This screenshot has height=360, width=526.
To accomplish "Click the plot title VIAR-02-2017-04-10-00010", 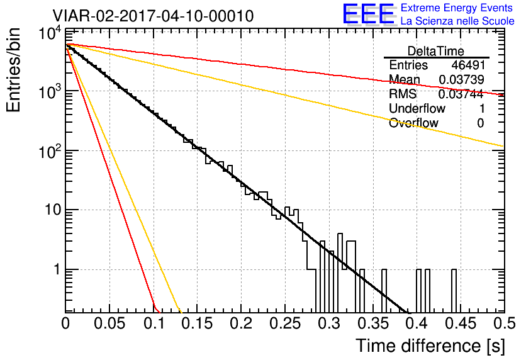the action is pos(153,16).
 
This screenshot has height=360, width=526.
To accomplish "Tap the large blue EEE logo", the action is pos(369,14).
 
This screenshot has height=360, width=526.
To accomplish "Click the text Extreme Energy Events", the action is pos(457,8).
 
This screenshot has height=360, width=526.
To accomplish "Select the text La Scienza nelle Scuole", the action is pos(457,21).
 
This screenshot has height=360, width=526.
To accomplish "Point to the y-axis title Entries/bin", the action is pos(14,70).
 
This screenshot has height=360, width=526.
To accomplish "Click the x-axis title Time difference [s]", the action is pos(430,346).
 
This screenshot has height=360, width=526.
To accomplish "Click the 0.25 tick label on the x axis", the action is pos(285,323).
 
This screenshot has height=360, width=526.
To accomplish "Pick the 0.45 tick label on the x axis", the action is pos(461,323).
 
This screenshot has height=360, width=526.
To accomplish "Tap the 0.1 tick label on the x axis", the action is pos(154,323).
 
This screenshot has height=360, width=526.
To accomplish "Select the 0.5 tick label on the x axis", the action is pos(505,323).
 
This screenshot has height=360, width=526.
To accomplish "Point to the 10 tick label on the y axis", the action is pos(53,210).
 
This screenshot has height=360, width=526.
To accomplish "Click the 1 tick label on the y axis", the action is pos(57,269).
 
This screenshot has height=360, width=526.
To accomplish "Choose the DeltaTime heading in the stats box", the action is pos(436,51).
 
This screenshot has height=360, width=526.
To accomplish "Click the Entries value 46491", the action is pos(468,65).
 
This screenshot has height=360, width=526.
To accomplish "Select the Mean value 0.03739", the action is pos(461,79).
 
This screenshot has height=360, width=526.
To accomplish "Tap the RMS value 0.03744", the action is pos(461,94).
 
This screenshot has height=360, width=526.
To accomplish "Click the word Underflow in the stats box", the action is pos(417,108).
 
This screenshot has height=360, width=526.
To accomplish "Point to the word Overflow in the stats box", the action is pos(413,123).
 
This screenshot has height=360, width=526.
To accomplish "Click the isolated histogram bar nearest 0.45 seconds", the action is pos(454,291).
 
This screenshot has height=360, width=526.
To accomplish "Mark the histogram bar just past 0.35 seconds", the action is pos(384,291).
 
